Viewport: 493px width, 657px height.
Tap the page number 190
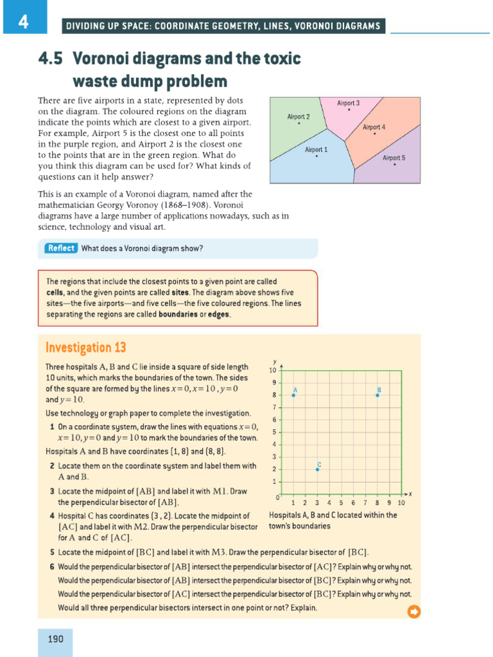click(x=55, y=638)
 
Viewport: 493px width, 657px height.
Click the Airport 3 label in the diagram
click(x=348, y=103)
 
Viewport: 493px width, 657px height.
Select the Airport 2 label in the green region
click(x=298, y=117)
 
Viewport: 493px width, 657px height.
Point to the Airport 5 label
click(x=394, y=157)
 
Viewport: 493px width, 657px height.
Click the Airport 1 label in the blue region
click(x=316, y=149)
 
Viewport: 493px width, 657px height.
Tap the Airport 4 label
click(x=374, y=127)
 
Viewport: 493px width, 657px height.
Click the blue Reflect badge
click(x=61, y=248)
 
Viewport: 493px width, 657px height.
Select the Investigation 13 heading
click(x=85, y=348)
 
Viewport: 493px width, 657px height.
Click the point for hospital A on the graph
click(x=293, y=395)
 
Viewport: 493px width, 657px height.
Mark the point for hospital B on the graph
click(x=377, y=395)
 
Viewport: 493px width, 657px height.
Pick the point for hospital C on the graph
click(x=317, y=470)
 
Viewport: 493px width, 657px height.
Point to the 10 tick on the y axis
click(x=272, y=370)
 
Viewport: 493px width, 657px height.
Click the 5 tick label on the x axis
click(x=341, y=503)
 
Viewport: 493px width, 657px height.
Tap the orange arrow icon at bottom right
click(x=414, y=611)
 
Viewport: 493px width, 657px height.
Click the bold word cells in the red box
click(x=55, y=292)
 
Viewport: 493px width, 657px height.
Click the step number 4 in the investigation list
click(x=51, y=516)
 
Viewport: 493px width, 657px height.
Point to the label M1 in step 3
click(x=220, y=491)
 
